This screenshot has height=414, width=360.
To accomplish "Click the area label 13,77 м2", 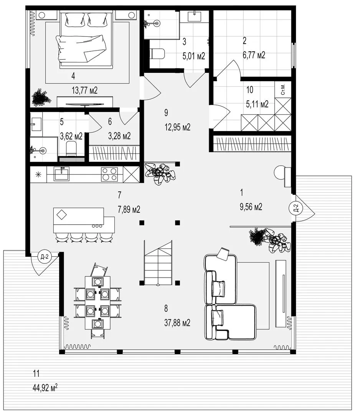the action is (84, 90).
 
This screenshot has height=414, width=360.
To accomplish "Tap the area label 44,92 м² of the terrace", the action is (45, 388).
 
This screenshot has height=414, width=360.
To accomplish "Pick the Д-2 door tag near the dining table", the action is (44, 256).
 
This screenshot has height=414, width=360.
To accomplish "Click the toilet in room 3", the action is (157, 54).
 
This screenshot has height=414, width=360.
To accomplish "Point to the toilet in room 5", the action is (71, 149).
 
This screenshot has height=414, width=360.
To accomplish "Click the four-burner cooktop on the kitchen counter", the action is (109, 174).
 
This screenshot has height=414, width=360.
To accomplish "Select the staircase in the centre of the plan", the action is (158, 263).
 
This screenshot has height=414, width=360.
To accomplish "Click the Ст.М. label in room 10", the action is (283, 90).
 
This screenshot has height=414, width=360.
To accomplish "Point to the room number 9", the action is (166, 113).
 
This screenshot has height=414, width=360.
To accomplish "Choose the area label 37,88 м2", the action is (177, 323).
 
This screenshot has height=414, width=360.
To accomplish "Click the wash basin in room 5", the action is (36, 124).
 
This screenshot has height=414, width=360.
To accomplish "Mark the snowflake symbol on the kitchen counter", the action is (39, 174).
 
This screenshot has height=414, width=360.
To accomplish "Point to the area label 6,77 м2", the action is (254, 55).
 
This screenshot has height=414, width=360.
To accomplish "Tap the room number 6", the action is (110, 122).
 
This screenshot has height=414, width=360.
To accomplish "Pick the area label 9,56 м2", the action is (251, 207).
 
